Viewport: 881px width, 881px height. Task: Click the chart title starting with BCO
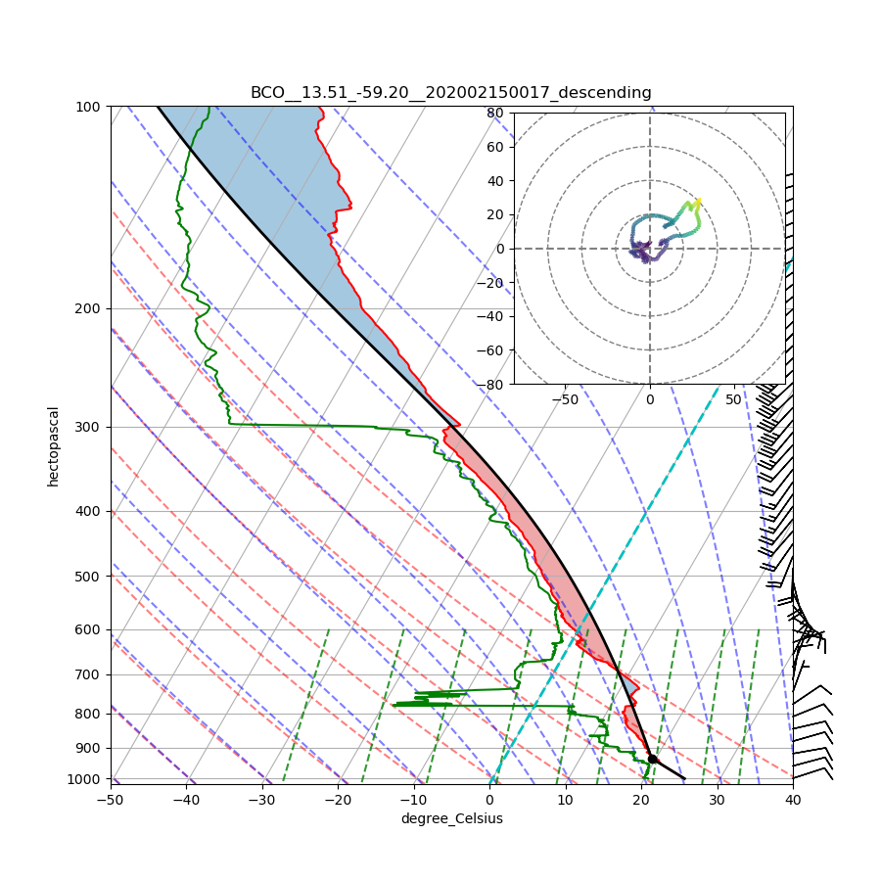click(450, 93)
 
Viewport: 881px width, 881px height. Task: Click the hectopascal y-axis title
click(54, 446)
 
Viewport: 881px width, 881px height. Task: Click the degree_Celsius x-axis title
click(451, 818)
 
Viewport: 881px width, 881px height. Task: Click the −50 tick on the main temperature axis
click(110, 800)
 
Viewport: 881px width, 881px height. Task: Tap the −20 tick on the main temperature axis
click(338, 800)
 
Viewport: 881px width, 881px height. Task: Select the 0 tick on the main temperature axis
click(489, 800)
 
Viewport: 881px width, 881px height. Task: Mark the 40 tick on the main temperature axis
click(793, 800)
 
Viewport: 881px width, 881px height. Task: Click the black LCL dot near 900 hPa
click(652, 759)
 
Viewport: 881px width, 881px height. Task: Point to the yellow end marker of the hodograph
click(697, 202)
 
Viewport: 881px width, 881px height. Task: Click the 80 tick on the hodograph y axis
click(495, 113)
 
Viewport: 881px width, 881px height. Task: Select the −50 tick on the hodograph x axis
click(565, 399)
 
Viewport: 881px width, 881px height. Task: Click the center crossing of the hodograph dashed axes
click(649, 249)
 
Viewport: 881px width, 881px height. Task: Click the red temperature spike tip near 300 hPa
click(459, 424)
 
